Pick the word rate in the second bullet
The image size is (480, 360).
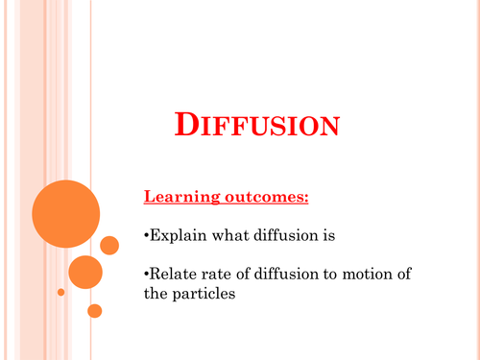click(x=219, y=275)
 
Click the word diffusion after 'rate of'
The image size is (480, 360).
click(x=297, y=275)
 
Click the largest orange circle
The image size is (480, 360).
click(x=65, y=214)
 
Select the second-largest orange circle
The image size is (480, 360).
click(x=85, y=272)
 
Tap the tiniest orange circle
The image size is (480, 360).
click(x=60, y=291)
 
